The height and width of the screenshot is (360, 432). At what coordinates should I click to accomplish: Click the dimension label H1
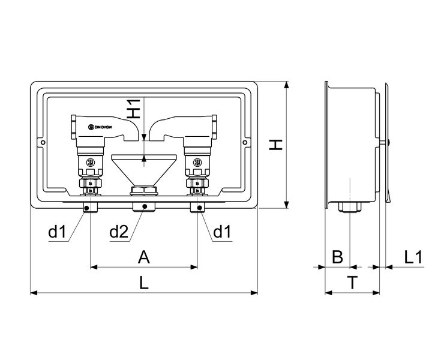(x=135, y=107)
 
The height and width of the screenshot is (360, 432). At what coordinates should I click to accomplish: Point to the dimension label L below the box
(x=143, y=283)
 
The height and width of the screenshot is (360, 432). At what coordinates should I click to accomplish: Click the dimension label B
(x=337, y=257)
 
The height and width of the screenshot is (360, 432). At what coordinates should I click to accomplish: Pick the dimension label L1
(x=413, y=257)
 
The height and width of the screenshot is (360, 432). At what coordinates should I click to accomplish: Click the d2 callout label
(x=118, y=232)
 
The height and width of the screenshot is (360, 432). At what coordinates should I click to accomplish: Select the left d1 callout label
(x=57, y=232)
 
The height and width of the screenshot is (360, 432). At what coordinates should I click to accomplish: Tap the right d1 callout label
(x=223, y=232)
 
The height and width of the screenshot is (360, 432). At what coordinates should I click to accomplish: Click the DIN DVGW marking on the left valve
(x=100, y=126)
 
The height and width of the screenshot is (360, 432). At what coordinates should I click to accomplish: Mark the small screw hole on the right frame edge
(x=244, y=142)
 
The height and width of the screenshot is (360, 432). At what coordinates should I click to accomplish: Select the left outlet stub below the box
(x=89, y=208)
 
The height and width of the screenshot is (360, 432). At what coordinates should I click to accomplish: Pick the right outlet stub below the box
(x=197, y=208)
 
